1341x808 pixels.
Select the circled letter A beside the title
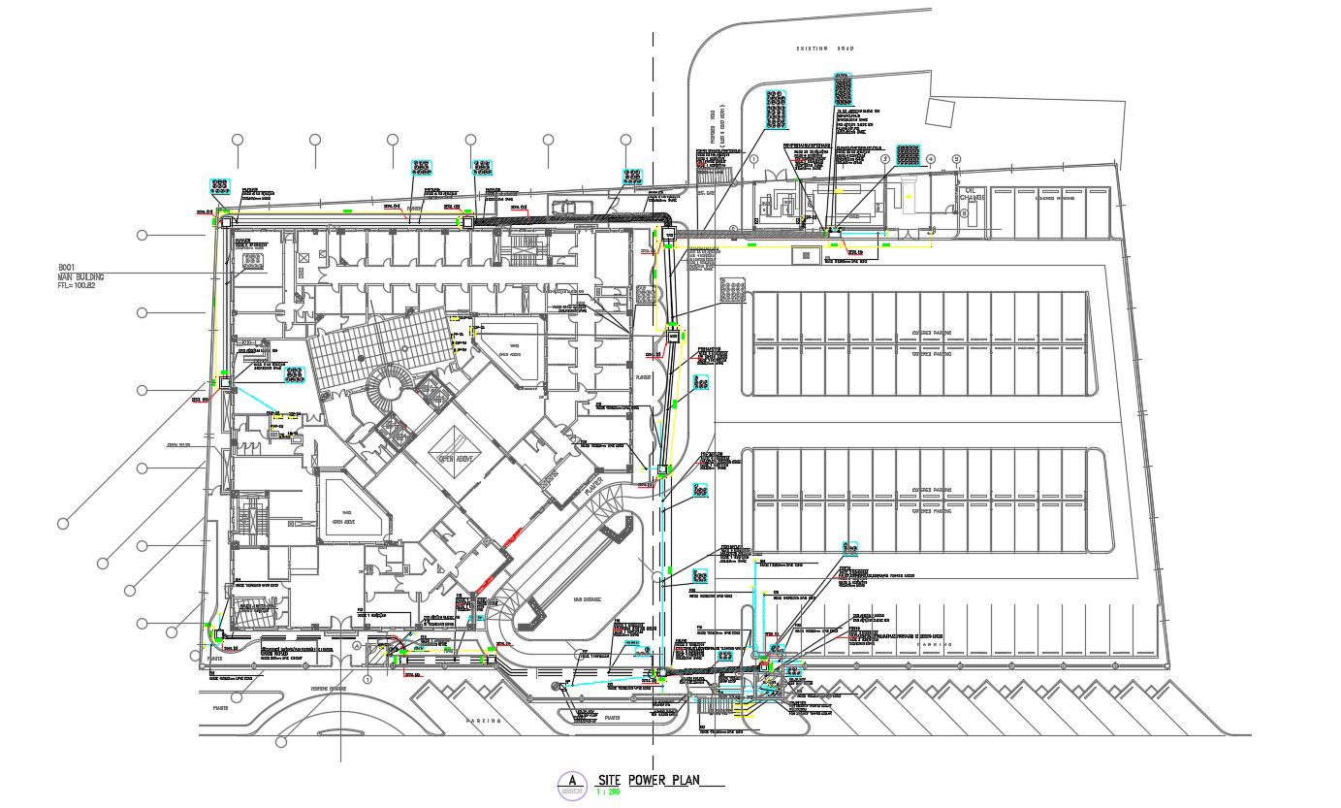572,780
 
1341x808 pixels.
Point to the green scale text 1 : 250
608,792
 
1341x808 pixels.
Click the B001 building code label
67,267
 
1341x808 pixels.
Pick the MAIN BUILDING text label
80,276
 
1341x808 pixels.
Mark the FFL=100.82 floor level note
80,286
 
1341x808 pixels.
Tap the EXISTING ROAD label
824,48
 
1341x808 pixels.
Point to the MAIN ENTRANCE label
588,599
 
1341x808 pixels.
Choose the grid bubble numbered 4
931,159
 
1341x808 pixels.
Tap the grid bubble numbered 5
955,159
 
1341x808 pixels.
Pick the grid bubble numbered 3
885,158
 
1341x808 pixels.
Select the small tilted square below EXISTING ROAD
941,112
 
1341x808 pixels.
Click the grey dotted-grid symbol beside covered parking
732,289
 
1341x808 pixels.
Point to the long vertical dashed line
653,388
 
